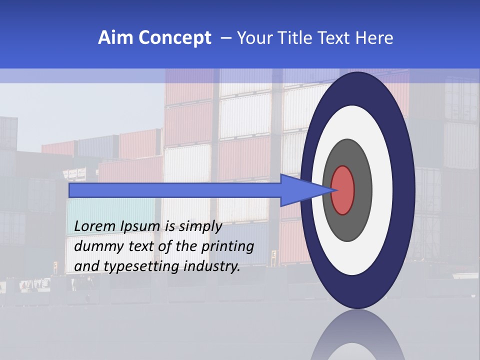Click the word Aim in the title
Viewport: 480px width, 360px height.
click(115, 38)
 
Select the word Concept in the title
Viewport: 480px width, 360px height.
click(174, 38)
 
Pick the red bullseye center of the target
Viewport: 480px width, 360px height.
click(343, 190)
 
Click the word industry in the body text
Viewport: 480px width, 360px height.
click(212, 266)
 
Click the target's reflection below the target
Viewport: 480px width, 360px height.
click(358, 335)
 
